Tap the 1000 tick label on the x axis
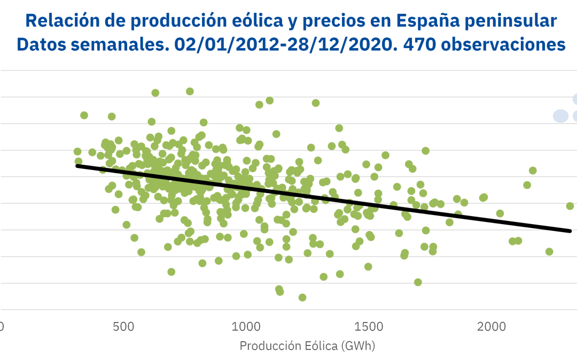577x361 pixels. click(x=246, y=326)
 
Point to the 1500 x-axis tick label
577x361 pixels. click(x=369, y=326)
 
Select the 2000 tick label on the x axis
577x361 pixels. click(x=492, y=326)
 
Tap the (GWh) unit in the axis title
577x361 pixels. click(x=357, y=346)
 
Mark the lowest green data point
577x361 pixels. click(x=302, y=297)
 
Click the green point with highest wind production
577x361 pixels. click(x=570, y=206)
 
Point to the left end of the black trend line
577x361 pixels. click(x=77, y=166)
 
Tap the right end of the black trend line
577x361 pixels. click(x=570, y=231)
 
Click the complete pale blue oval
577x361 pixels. click(x=560, y=116)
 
